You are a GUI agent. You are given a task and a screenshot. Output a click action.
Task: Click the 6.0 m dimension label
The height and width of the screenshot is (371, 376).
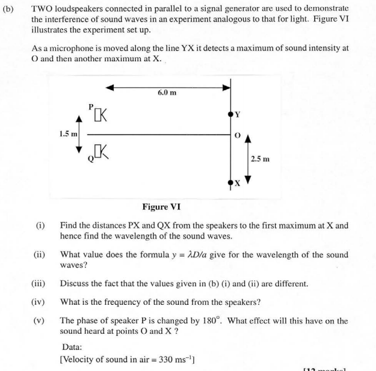(167, 93)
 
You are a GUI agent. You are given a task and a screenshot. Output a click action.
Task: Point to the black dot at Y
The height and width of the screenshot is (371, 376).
(230, 114)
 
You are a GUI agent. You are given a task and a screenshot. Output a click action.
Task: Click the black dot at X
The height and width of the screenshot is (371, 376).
(230, 182)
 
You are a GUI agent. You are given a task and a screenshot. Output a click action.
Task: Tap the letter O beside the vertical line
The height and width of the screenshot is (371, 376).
(237, 136)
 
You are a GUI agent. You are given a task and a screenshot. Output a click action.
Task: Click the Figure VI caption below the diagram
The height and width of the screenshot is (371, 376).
(161, 207)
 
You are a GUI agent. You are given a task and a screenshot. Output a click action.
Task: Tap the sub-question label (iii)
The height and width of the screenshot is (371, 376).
(40, 283)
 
